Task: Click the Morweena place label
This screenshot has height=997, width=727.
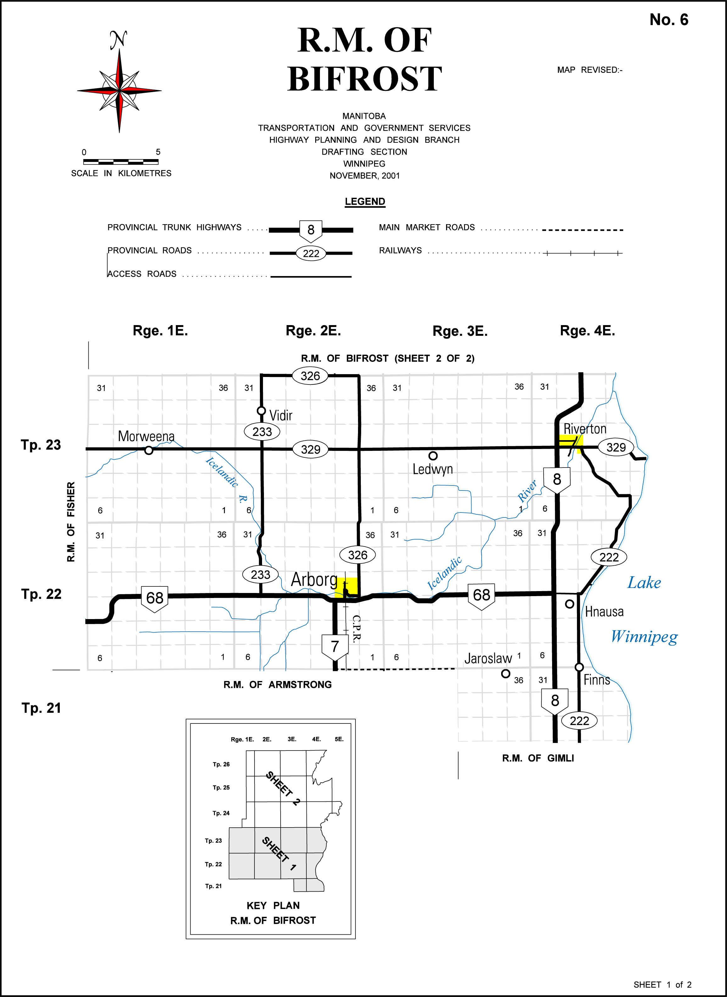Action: point(146,436)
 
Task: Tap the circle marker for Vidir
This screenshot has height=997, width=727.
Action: point(261,411)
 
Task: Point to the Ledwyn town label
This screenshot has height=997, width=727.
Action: point(433,469)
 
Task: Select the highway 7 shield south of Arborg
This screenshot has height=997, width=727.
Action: point(335,646)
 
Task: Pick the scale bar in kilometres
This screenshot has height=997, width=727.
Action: point(120,162)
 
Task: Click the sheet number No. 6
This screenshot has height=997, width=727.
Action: point(668,20)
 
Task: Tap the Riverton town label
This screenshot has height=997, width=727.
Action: point(585,429)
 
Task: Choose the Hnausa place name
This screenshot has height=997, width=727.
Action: point(604,612)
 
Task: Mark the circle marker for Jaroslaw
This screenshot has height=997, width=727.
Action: point(506,673)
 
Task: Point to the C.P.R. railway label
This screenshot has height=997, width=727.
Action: point(356,629)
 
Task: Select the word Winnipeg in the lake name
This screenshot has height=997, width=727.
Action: point(644,636)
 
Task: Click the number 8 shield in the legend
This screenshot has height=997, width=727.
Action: point(311,230)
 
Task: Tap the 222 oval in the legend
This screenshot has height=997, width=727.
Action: point(311,253)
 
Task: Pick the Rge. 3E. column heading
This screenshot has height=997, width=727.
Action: point(460,331)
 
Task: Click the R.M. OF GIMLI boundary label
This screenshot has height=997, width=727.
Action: point(538,758)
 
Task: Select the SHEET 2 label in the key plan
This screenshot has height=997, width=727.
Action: point(283,788)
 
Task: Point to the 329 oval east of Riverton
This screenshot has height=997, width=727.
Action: point(616,447)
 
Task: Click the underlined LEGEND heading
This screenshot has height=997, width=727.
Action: point(365,202)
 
